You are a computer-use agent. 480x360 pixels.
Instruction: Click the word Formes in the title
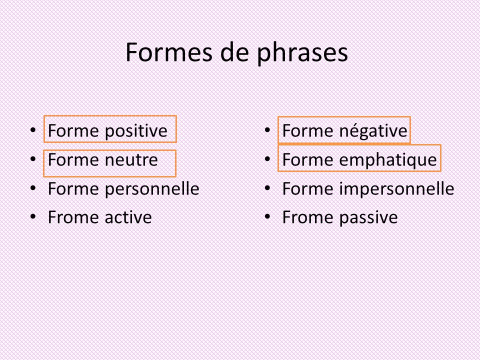pyautogui.click(x=169, y=52)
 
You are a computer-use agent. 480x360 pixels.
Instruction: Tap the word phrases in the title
pyautogui.click(x=302, y=54)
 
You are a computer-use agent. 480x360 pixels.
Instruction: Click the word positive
pyautogui.click(x=136, y=131)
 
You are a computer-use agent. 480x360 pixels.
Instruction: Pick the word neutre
pyautogui.click(x=131, y=160)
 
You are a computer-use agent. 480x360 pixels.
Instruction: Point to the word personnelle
pyautogui.click(x=152, y=188)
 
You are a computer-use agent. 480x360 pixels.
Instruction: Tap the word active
pyautogui.click(x=128, y=217)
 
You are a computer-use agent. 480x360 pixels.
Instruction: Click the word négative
pyautogui.click(x=373, y=131)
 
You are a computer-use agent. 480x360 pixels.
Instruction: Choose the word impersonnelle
pyautogui.click(x=396, y=188)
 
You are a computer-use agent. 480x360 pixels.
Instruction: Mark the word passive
pyautogui.click(x=368, y=217)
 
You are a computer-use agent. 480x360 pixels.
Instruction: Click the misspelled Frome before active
pyautogui.click(x=74, y=217)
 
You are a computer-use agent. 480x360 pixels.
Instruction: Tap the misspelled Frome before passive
pyautogui.click(x=308, y=217)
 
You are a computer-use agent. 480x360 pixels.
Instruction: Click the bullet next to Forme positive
pyautogui.click(x=33, y=130)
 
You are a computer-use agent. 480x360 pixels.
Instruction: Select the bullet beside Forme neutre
pyautogui.click(x=33, y=159)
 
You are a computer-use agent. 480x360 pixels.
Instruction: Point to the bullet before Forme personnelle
pyautogui.click(x=33, y=188)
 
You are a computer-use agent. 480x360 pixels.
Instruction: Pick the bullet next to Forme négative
pyautogui.click(x=267, y=130)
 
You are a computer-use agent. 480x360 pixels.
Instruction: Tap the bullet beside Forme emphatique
pyautogui.click(x=267, y=159)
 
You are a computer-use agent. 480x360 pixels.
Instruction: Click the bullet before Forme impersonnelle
pyautogui.click(x=267, y=188)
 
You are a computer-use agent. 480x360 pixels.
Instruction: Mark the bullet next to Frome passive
pyautogui.click(x=267, y=216)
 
